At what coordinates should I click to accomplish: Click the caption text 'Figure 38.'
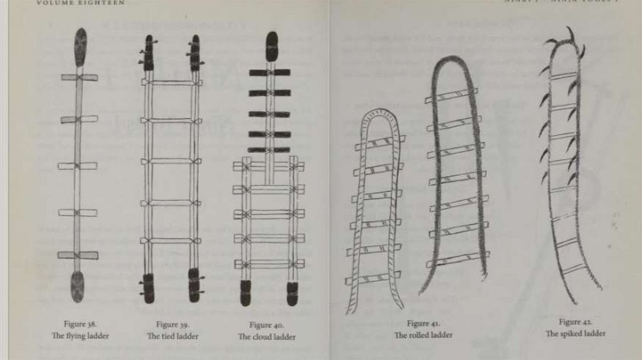click(80, 324)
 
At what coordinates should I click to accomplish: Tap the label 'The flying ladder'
click(80, 336)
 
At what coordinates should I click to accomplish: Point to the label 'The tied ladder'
click(172, 336)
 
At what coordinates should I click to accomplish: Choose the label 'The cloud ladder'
click(266, 337)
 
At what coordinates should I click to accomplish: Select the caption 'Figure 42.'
click(575, 322)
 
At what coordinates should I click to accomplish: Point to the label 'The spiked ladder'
click(575, 334)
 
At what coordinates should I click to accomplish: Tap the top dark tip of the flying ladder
click(80, 47)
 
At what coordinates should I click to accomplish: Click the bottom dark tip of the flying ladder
click(78, 286)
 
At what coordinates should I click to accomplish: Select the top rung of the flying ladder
click(80, 77)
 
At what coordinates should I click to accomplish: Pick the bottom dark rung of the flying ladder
click(78, 255)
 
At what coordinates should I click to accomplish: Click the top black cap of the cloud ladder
click(271, 46)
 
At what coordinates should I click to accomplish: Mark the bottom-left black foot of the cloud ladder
click(245, 293)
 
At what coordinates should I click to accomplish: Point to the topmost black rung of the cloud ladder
click(270, 73)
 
